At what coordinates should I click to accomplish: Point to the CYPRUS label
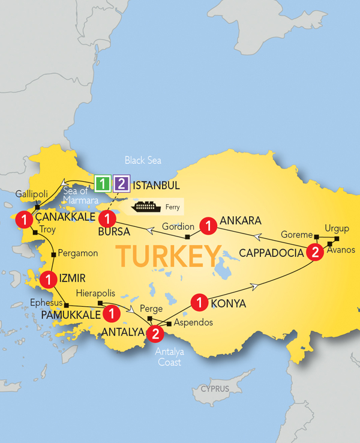coord(215,389)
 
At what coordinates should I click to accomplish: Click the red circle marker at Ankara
coord(208,226)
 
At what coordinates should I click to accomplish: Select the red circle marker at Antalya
coord(155,332)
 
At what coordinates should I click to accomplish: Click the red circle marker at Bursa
coord(107,218)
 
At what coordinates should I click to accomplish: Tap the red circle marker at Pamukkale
coord(110,313)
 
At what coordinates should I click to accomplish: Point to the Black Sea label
coord(143,160)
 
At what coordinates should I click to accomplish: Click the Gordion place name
coord(179,226)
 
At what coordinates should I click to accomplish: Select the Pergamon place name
coord(79,254)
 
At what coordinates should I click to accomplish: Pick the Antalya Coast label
coord(168,356)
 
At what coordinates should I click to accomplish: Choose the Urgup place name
coord(336,229)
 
